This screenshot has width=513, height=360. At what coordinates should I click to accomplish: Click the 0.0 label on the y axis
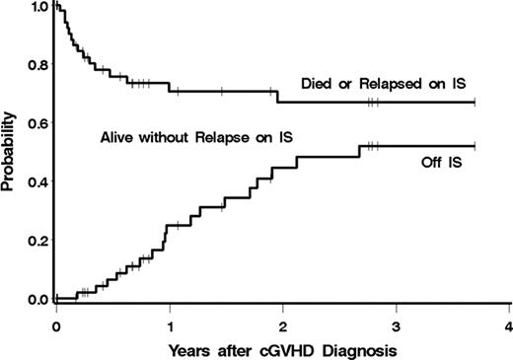pyautogui.click(x=37, y=299)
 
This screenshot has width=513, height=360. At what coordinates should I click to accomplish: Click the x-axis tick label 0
pyautogui.click(x=56, y=324)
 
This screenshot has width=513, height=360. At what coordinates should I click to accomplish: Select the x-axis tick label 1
pyautogui.click(x=170, y=324)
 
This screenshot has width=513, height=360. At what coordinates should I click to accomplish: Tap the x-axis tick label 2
pyautogui.click(x=282, y=324)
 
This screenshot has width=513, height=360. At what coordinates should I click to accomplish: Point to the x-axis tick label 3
pyautogui.click(x=396, y=324)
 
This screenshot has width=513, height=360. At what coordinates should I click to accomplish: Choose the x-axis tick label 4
pyautogui.click(x=508, y=324)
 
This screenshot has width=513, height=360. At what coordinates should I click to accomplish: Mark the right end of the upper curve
pyautogui.click(x=475, y=102)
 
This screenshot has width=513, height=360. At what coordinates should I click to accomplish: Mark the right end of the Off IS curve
pyautogui.click(x=475, y=146)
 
